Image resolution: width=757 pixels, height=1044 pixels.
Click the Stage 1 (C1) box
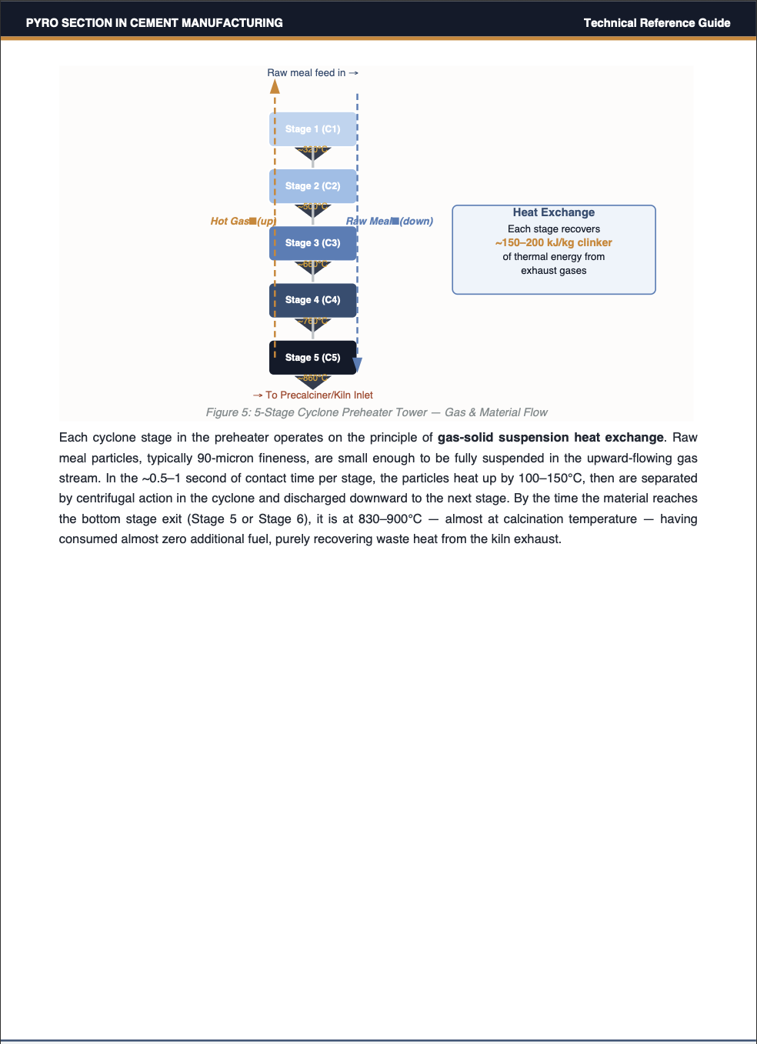click(x=312, y=129)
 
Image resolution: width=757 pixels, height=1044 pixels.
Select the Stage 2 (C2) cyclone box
click(x=312, y=186)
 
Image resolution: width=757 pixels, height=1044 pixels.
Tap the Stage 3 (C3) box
click(x=312, y=243)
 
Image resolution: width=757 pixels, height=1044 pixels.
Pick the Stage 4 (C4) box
click(x=312, y=300)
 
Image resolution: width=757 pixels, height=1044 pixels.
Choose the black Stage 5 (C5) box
click(x=312, y=358)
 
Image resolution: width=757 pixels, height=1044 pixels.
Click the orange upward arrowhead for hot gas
click(x=275, y=86)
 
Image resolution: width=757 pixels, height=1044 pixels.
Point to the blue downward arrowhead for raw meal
click(x=357, y=365)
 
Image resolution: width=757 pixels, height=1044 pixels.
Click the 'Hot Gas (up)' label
click(x=243, y=222)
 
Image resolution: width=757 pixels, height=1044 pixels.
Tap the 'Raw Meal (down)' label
click(x=389, y=222)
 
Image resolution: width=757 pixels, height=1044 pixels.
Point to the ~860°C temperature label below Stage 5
click(x=314, y=378)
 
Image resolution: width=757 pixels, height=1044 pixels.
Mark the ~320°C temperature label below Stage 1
click(x=314, y=149)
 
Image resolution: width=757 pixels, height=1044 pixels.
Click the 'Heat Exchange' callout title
click(x=554, y=212)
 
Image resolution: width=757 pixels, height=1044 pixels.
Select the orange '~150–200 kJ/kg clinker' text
click(x=554, y=242)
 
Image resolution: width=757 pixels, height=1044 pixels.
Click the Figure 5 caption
click(x=377, y=412)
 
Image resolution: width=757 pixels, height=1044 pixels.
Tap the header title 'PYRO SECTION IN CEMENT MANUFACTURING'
click(x=154, y=23)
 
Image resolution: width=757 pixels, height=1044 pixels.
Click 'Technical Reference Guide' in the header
click(x=657, y=23)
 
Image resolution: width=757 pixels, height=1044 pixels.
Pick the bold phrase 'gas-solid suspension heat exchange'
click(x=550, y=438)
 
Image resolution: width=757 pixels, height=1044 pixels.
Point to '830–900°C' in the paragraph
click(x=390, y=519)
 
